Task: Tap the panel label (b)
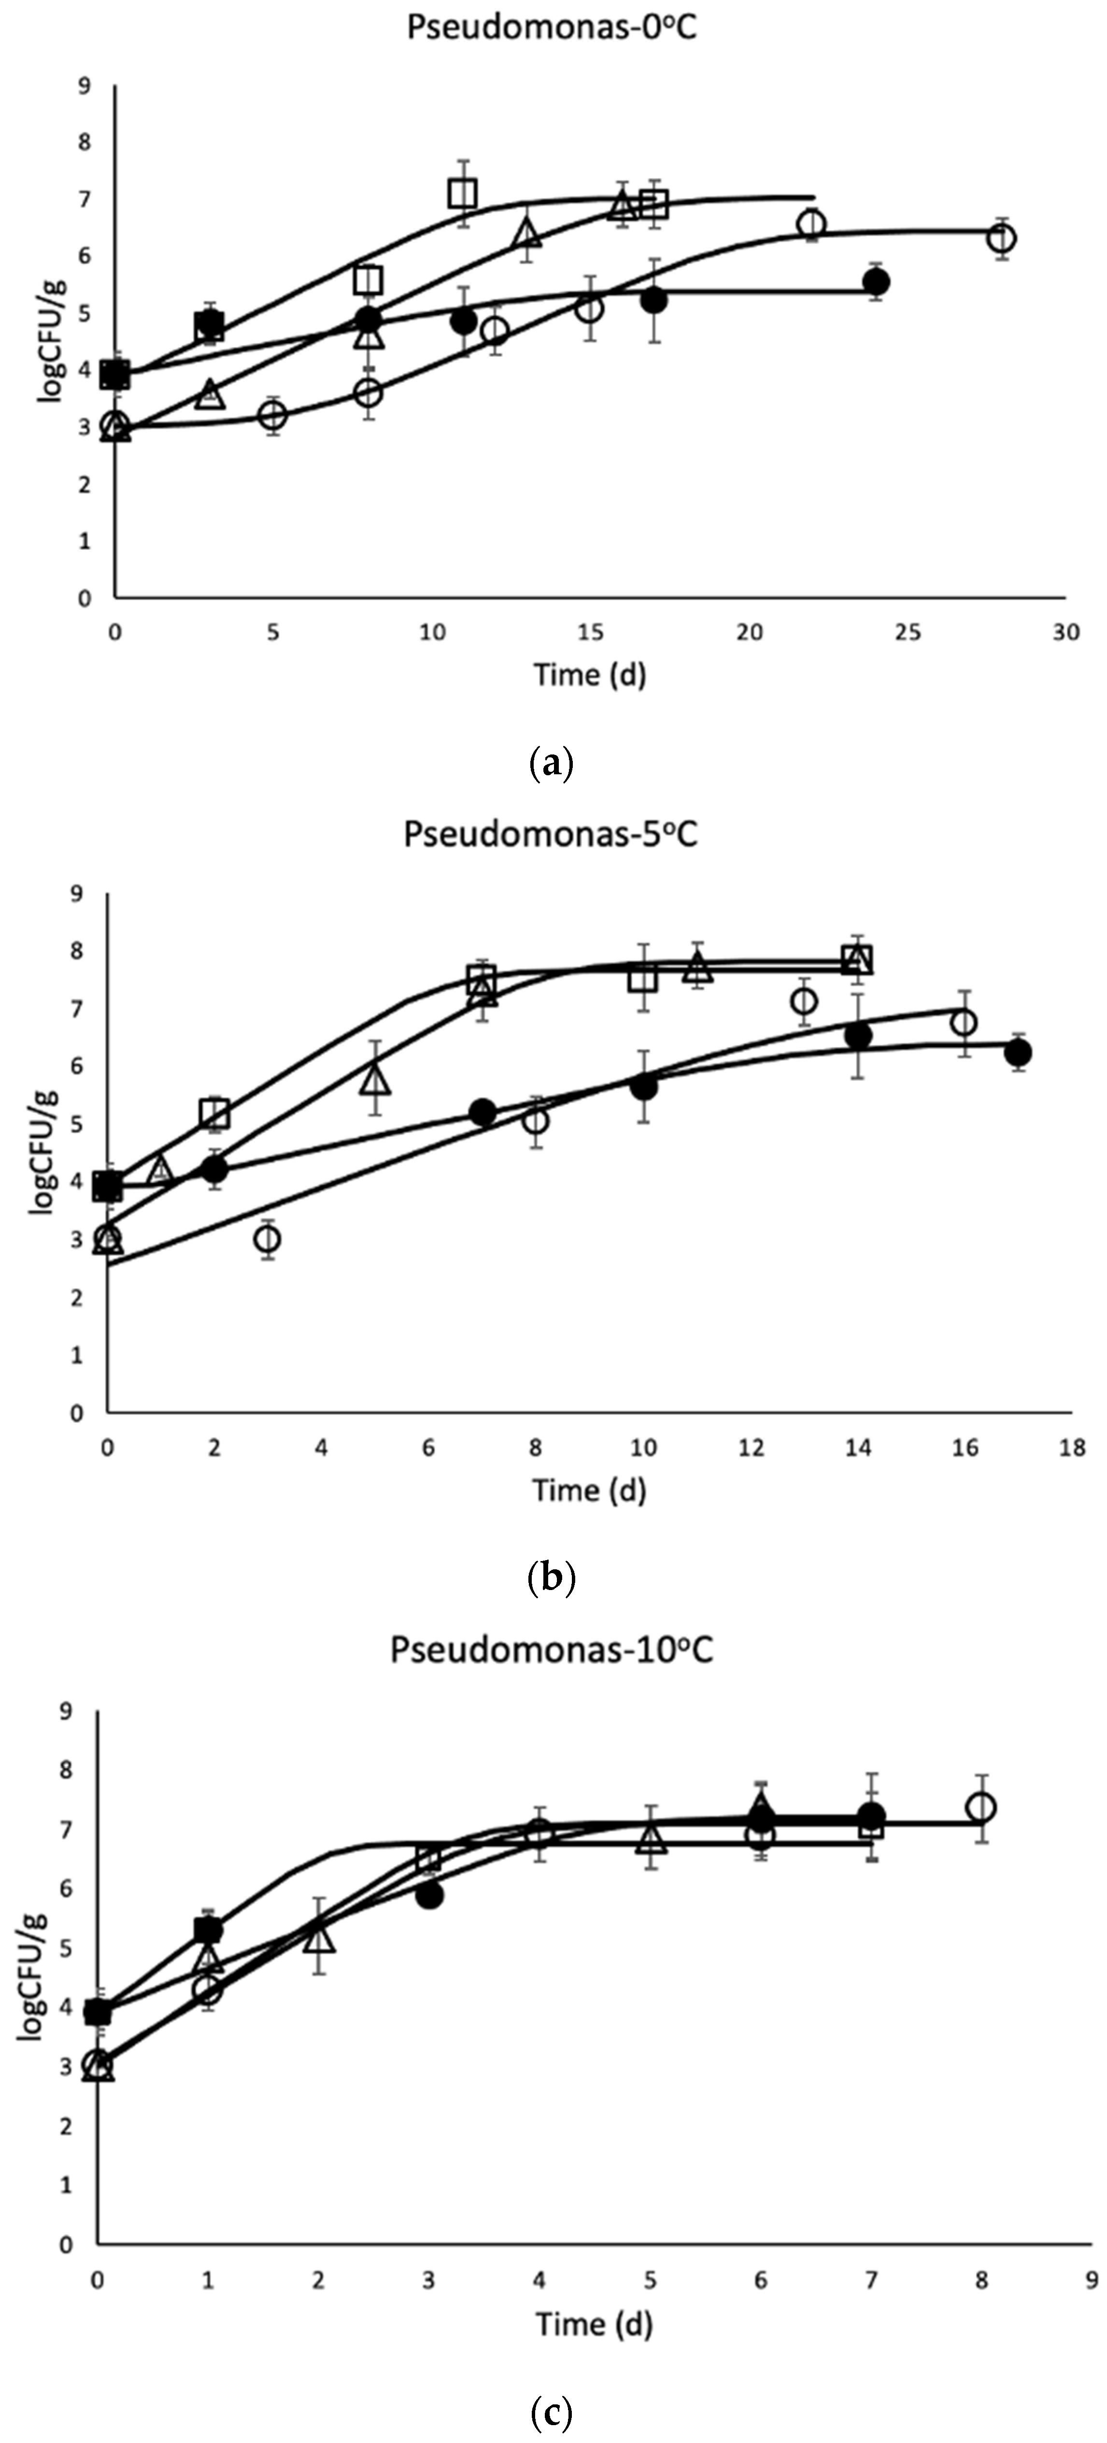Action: pos(550,1577)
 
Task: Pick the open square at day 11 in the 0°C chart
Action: pos(463,194)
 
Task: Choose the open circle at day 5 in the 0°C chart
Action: pos(273,415)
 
